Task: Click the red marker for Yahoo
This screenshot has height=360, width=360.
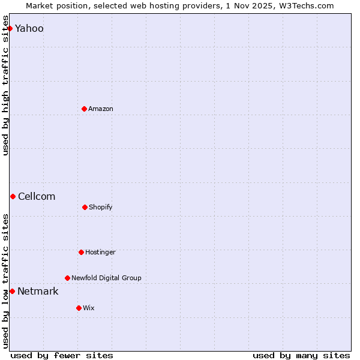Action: point(10,28)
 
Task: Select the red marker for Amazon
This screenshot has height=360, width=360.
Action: point(84,109)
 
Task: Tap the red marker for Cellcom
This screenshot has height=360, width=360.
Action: point(13,196)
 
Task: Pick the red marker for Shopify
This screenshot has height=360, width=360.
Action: point(85,207)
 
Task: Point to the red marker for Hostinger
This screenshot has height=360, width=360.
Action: point(81,252)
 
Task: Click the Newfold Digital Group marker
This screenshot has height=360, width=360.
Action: point(67,278)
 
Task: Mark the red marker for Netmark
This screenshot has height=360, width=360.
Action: point(12,291)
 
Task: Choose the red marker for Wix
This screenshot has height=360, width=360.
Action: point(79,308)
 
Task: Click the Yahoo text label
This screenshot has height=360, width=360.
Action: point(29,29)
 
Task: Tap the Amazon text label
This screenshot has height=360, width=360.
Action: point(101,109)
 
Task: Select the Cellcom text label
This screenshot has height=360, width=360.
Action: point(37,197)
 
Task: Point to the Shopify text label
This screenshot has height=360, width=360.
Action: point(101,208)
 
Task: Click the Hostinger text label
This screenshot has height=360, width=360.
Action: point(100,253)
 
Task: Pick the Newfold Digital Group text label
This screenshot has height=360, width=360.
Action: point(106,278)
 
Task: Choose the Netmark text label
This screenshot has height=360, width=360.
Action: point(38,292)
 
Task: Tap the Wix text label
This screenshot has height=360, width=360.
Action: point(89,308)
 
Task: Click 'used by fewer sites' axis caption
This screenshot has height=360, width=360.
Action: point(62,355)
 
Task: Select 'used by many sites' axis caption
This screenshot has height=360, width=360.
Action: point(301,355)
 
